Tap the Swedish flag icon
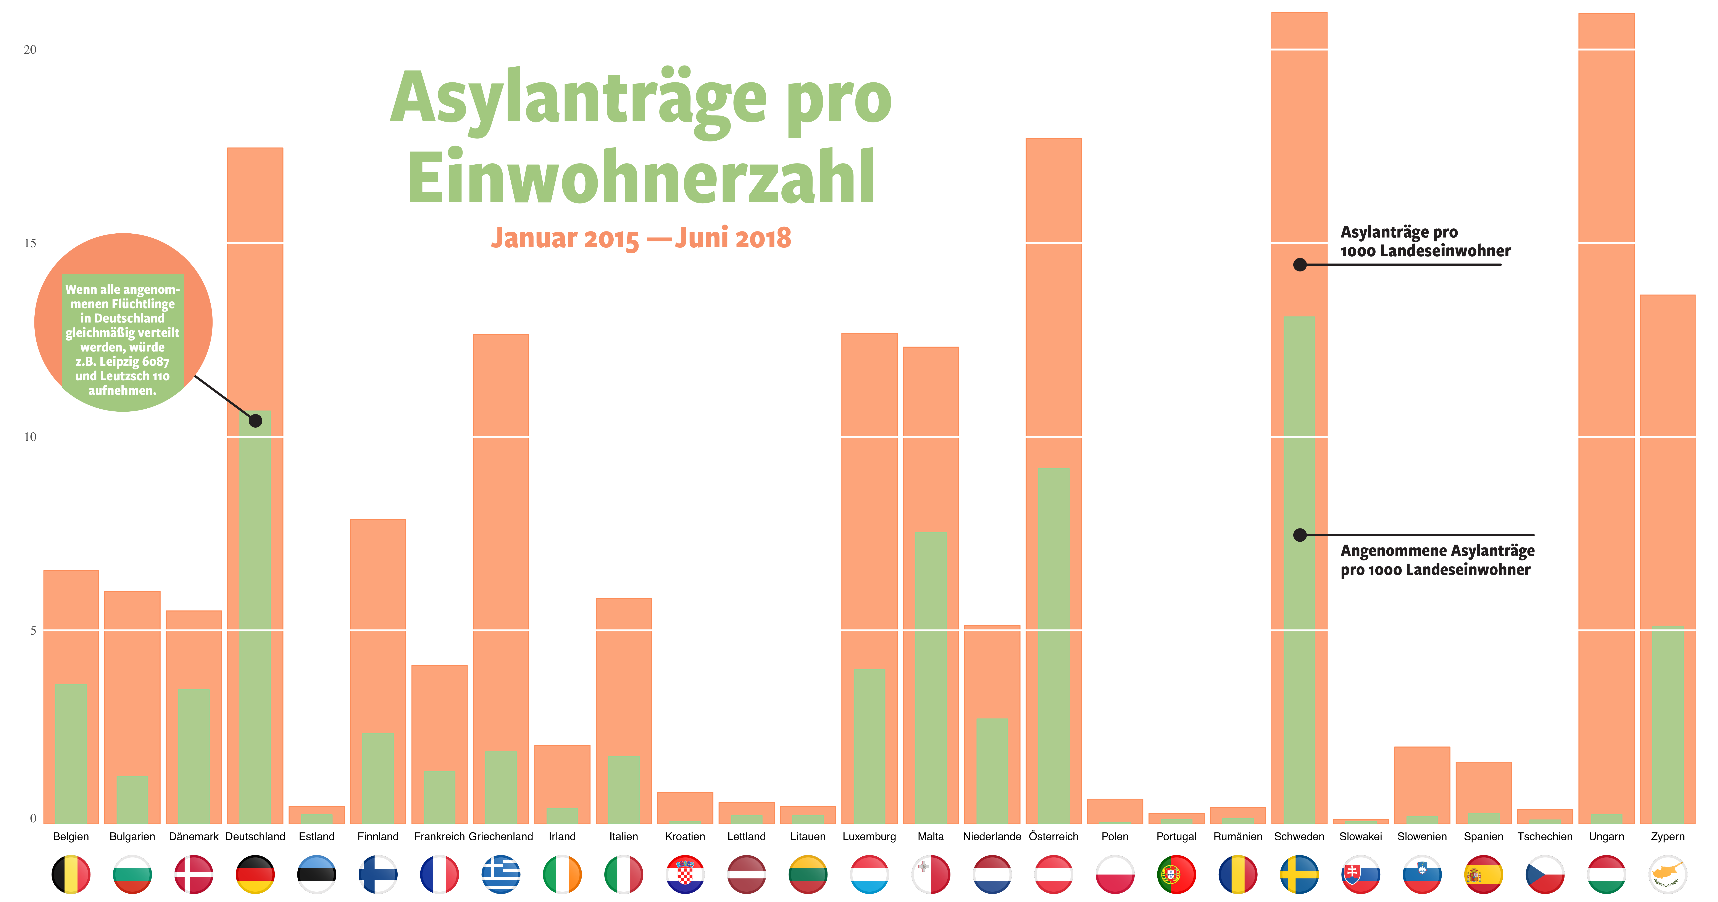[1299, 874]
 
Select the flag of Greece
[501, 874]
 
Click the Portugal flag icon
[1176, 874]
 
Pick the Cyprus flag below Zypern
[1667, 874]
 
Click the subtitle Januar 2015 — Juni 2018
[641, 238]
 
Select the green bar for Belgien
[71, 753]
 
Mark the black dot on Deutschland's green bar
[255, 421]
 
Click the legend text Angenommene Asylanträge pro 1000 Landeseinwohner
[1437, 560]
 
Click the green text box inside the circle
[123, 339]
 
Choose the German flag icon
[255, 874]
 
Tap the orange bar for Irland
[562, 773]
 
